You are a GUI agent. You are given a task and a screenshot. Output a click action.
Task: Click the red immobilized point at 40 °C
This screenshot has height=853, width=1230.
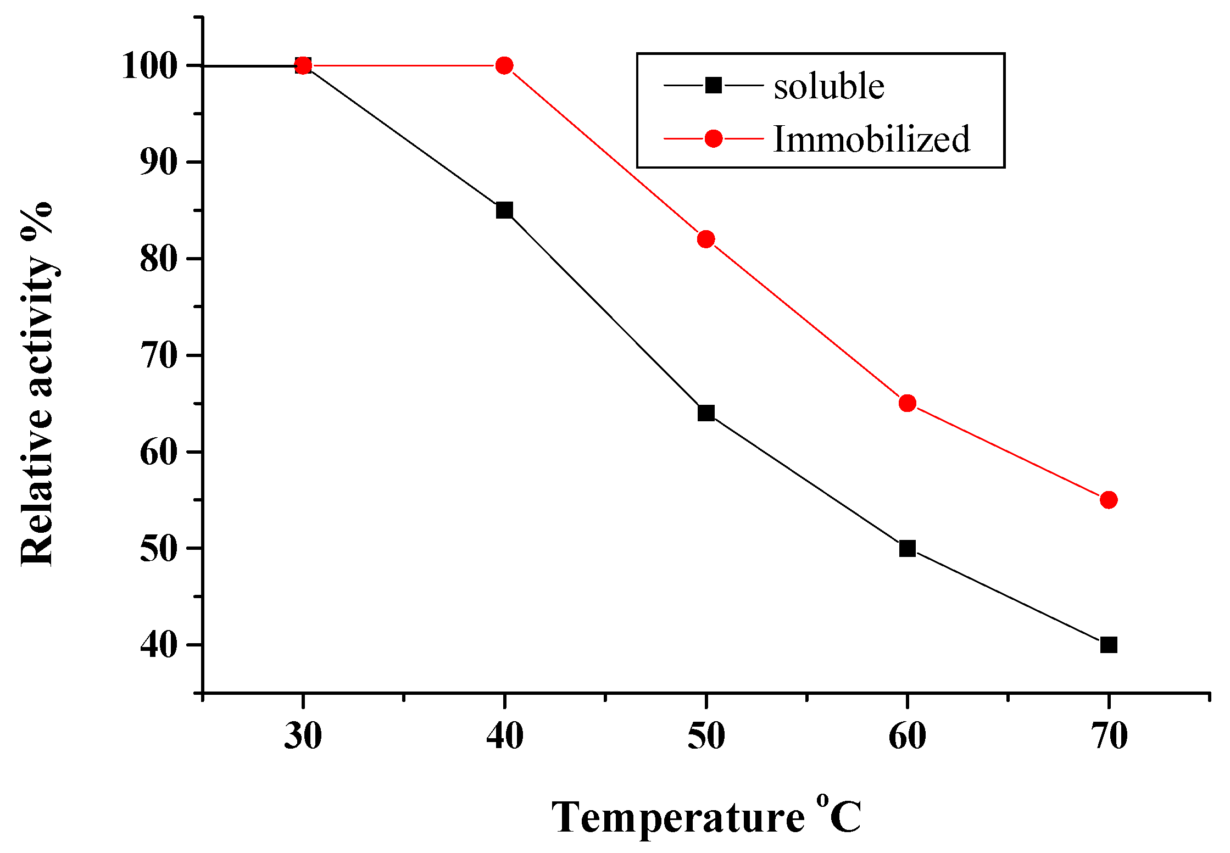[x=504, y=66]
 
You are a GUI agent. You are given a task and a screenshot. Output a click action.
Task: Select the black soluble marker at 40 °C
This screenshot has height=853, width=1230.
[x=504, y=210]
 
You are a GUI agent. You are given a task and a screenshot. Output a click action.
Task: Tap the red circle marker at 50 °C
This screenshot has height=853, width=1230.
[x=706, y=239]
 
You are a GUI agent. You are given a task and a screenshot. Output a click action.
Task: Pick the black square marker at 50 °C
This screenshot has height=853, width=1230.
[x=706, y=413]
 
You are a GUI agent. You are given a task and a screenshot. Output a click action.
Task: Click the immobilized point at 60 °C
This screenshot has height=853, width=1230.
[x=908, y=403]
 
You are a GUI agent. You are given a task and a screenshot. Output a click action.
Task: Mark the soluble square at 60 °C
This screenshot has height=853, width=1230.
[x=908, y=548]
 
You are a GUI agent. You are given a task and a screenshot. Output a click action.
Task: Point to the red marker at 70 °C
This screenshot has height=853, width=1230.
[x=1109, y=500]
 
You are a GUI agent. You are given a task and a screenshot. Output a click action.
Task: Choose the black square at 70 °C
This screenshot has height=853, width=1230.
[x=1109, y=645]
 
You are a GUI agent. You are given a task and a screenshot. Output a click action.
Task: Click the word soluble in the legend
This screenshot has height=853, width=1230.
[x=828, y=86]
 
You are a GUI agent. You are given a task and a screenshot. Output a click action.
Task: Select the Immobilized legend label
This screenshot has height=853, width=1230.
[x=871, y=139]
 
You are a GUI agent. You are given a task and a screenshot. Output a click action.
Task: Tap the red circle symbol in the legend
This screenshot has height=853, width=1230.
[x=713, y=139]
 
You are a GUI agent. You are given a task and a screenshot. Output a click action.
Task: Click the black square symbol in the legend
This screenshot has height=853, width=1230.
[x=713, y=86]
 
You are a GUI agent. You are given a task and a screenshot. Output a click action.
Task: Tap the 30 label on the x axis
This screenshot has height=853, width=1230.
[x=303, y=736]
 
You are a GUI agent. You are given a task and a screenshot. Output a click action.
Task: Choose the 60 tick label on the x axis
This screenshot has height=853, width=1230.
[x=908, y=736]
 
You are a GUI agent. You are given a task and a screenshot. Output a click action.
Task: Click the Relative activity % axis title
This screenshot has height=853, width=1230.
[x=37, y=384]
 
